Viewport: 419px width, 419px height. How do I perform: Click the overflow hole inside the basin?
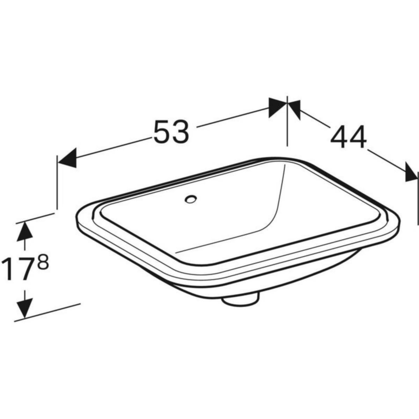point(191,200)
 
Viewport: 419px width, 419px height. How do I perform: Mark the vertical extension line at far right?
point(418,196)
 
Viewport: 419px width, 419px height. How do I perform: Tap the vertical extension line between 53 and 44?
point(287,122)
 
